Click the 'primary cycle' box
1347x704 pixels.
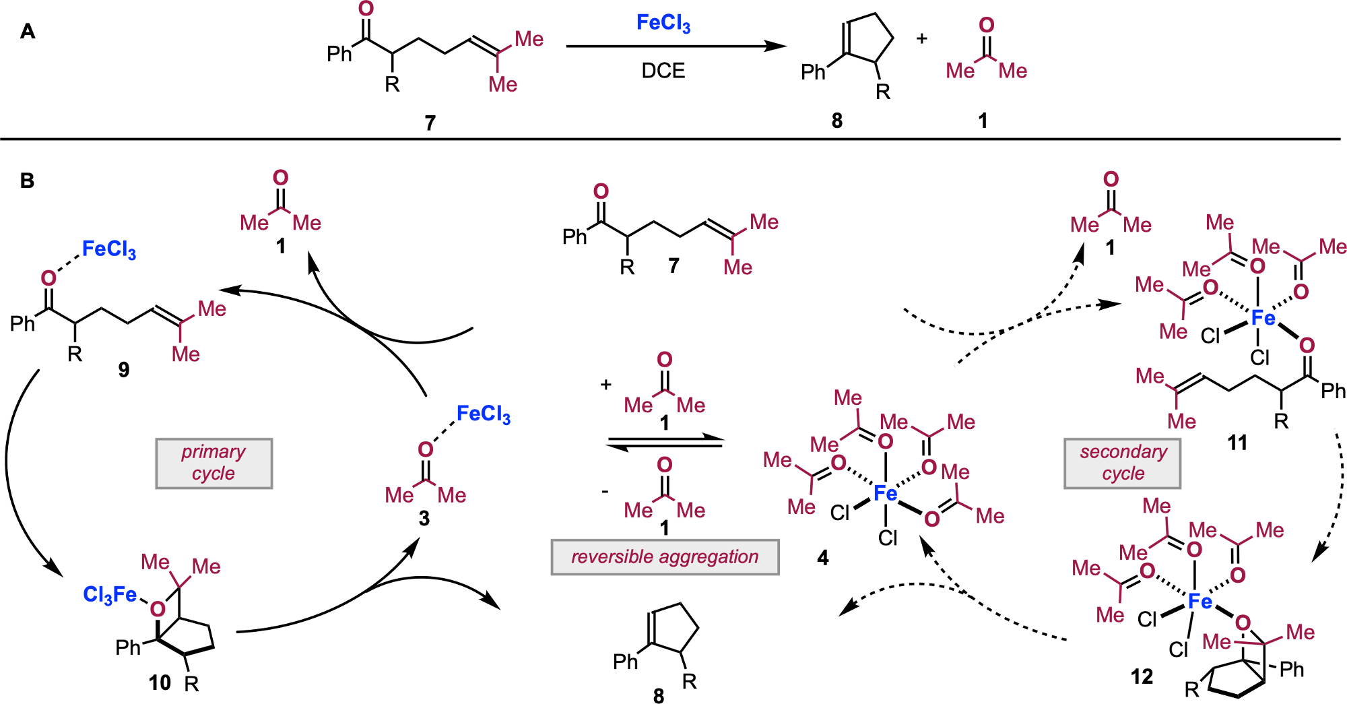pos(213,463)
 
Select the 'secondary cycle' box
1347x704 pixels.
pos(1122,463)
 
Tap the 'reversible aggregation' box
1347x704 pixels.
pos(665,557)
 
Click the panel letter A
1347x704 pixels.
pos(28,32)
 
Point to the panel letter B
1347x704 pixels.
pos(28,181)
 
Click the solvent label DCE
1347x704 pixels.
pos(663,71)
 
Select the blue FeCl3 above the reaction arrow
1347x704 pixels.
pos(663,24)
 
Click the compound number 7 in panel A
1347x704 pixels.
pos(430,123)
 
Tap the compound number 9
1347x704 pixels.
pos(124,369)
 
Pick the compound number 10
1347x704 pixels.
pos(160,682)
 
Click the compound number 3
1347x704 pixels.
pos(424,518)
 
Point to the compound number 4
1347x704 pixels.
pos(822,558)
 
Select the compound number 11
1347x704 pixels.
pos(1237,443)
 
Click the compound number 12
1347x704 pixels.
pos(1142,676)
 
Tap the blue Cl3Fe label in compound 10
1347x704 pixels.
pos(109,594)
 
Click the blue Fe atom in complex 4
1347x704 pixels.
pos(885,494)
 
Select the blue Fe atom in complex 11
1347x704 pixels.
pos(1263,317)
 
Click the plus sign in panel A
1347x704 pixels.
pos(921,39)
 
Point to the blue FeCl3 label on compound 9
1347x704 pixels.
pos(108,249)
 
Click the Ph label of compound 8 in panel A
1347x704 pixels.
pos(813,72)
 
